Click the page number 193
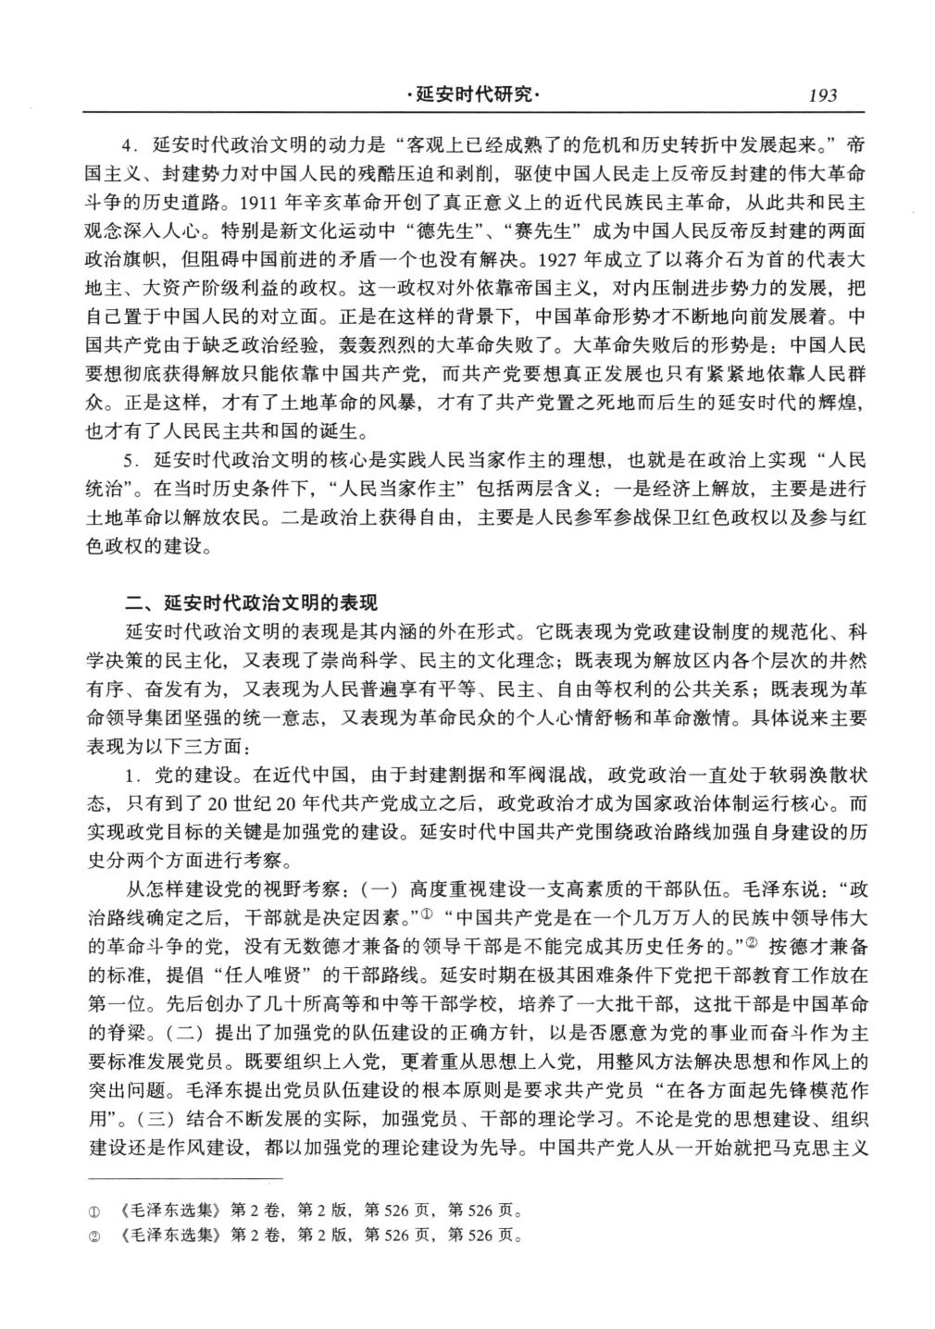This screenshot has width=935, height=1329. (x=822, y=95)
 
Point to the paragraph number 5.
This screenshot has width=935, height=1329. (x=131, y=460)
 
